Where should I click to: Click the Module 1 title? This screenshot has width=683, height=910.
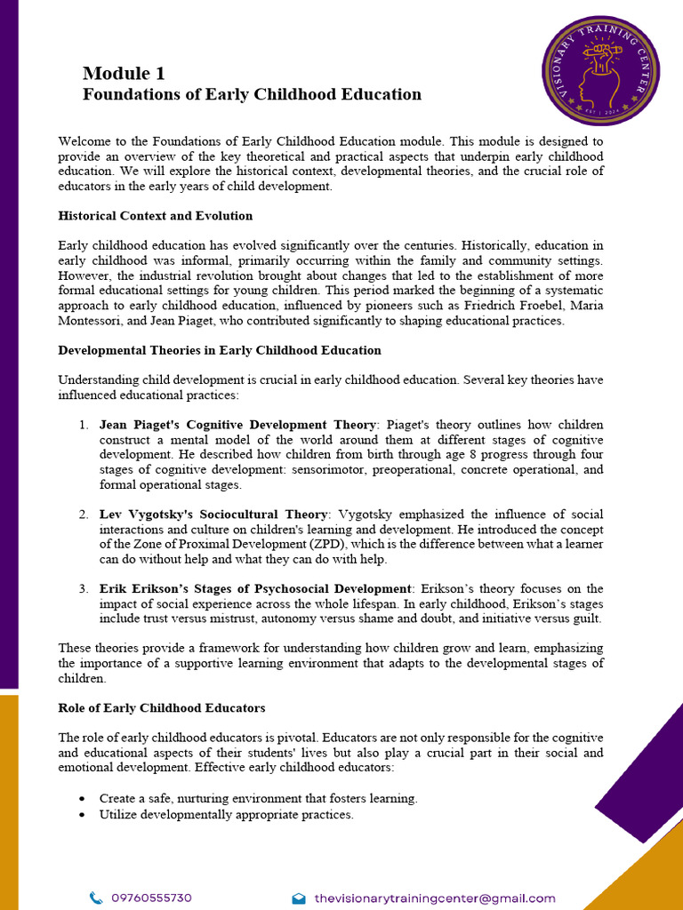coord(124,74)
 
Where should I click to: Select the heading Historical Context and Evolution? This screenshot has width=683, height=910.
coord(155,216)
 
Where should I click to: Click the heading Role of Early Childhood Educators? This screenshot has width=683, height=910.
coord(161,708)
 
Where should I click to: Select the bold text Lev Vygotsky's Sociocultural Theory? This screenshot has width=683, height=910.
coord(213,515)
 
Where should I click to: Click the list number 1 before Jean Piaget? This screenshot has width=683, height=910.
coord(83,425)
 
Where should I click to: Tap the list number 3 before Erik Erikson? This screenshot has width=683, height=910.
coord(83,589)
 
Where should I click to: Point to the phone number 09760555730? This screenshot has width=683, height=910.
coord(151,898)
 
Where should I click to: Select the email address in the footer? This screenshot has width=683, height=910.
coord(435,898)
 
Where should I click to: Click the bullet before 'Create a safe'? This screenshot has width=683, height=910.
coord(83,799)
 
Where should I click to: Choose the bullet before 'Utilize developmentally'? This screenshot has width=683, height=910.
coord(83,815)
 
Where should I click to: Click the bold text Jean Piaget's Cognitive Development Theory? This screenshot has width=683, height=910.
coord(238,425)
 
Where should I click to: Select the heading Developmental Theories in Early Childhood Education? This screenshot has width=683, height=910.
coord(220,351)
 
